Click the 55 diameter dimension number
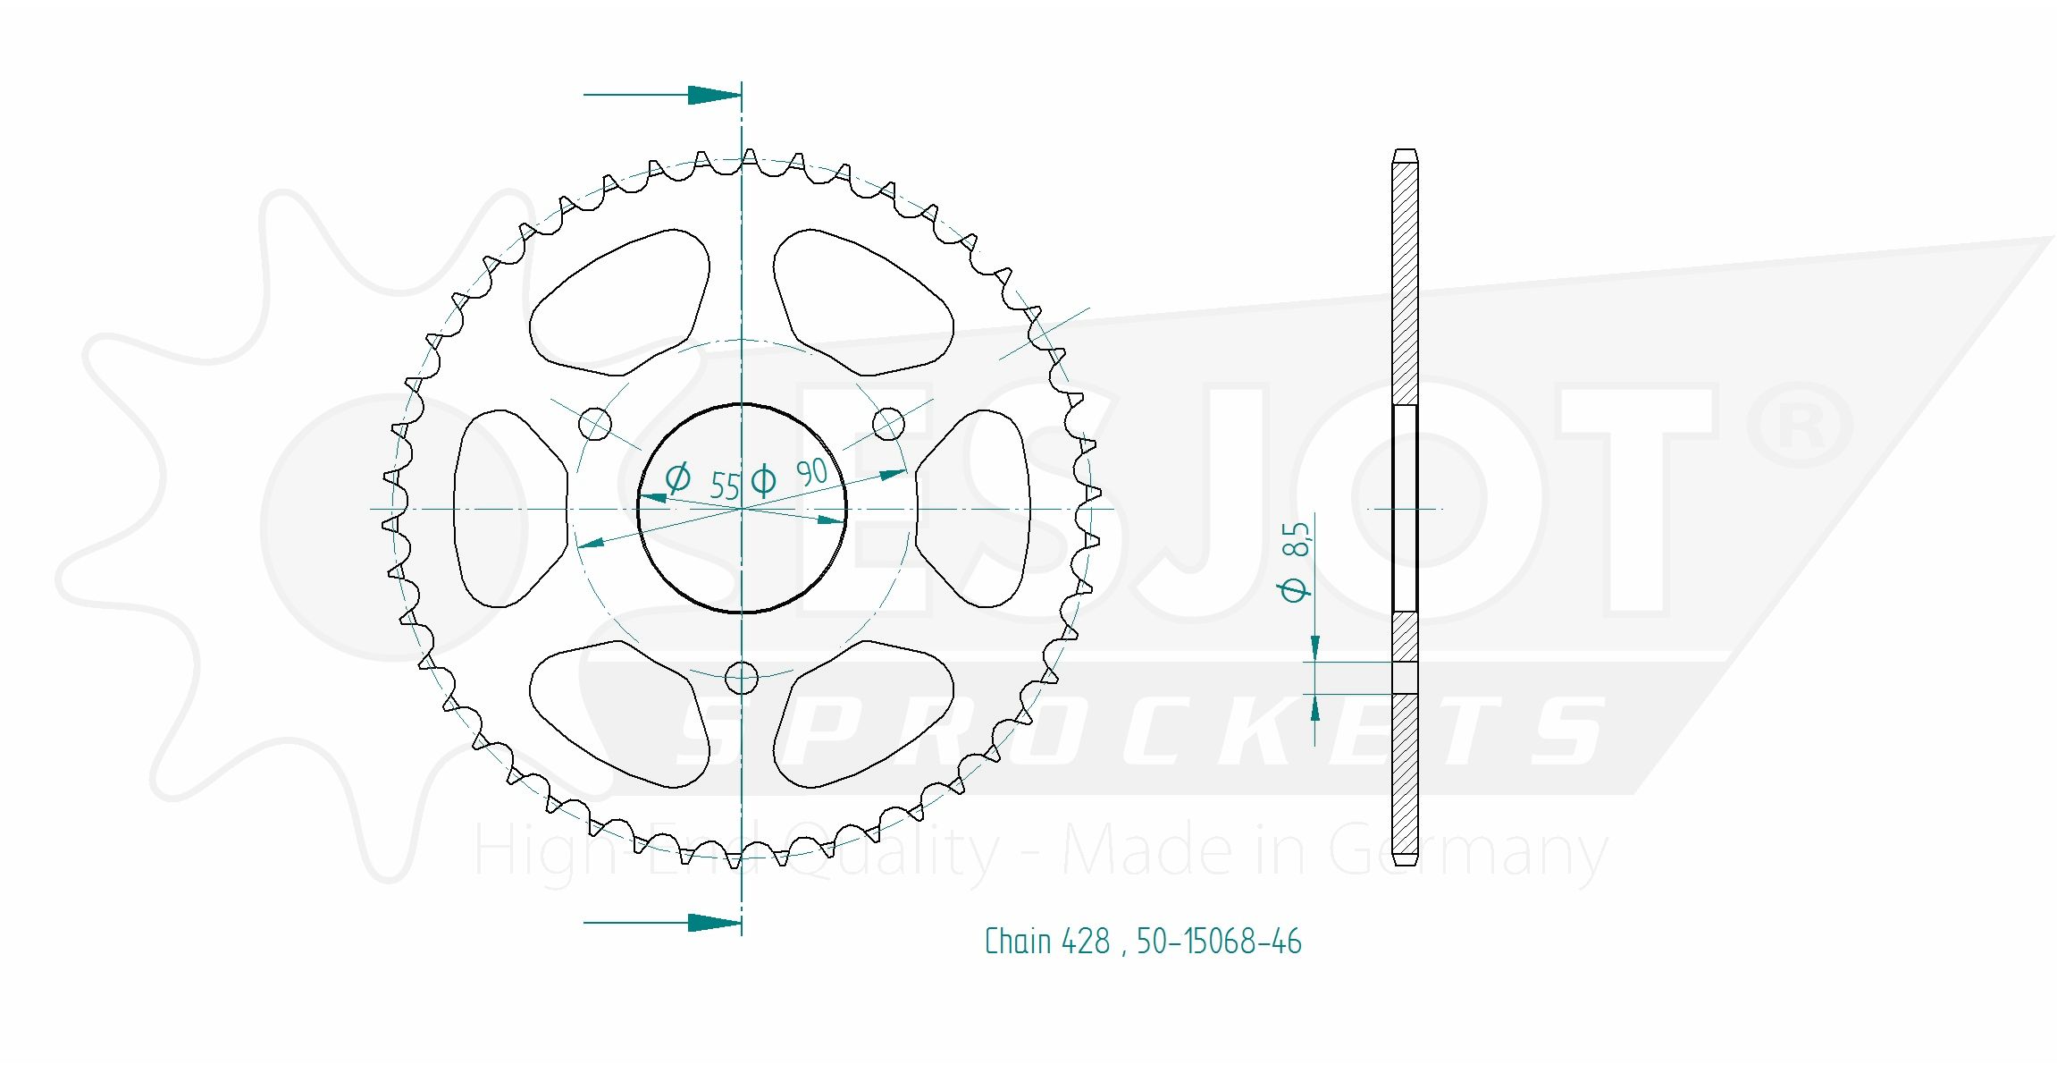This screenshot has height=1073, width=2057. point(725,486)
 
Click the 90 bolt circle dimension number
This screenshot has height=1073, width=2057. point(811,472)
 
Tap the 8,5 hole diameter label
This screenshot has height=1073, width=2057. point(1296,539)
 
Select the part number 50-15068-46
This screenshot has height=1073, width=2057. point(1219,942)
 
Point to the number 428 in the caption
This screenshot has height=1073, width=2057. point(1086,942)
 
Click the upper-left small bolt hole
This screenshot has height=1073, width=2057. point(596,424)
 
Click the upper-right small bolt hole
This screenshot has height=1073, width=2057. point(887,424)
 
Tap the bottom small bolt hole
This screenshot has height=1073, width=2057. point(742,677)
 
